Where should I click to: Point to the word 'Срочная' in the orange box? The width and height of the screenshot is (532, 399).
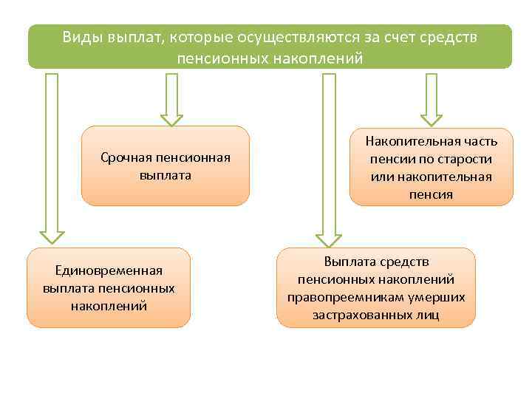(126, 157)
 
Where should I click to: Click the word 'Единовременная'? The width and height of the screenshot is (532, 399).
(109, 270)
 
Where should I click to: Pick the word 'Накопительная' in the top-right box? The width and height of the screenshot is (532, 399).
(416, 141)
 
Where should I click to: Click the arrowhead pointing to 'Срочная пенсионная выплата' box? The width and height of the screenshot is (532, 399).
(171, 119)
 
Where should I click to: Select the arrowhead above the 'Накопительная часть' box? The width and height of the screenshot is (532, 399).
(432, 119)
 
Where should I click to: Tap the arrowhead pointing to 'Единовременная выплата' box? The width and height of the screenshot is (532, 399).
(52, 236)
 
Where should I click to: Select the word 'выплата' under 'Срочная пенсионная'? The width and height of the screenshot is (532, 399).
(165, 175)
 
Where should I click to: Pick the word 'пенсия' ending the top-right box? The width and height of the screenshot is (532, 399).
(431, 194)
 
